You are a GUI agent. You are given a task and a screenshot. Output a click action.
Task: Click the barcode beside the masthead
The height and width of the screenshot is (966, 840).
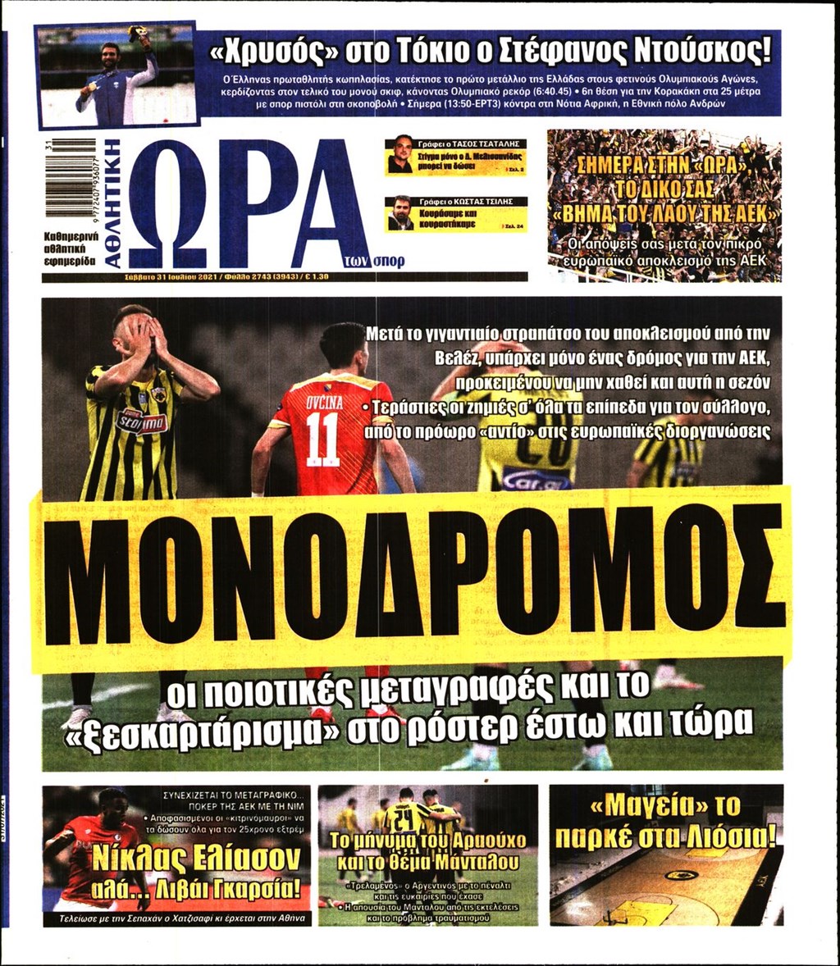[70, 176]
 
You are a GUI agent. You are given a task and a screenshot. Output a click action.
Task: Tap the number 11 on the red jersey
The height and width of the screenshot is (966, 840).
[322, 439]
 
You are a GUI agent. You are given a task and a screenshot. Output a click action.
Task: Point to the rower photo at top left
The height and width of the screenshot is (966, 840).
[116, 75]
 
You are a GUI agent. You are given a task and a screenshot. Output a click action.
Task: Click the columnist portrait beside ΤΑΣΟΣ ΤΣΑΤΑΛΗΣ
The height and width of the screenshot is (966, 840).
[401, 155]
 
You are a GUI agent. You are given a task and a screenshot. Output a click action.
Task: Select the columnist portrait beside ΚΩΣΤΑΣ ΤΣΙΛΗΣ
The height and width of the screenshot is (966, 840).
[401, 213]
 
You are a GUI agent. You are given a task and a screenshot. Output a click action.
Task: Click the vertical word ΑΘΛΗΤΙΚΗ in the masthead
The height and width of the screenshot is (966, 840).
[112, 204]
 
